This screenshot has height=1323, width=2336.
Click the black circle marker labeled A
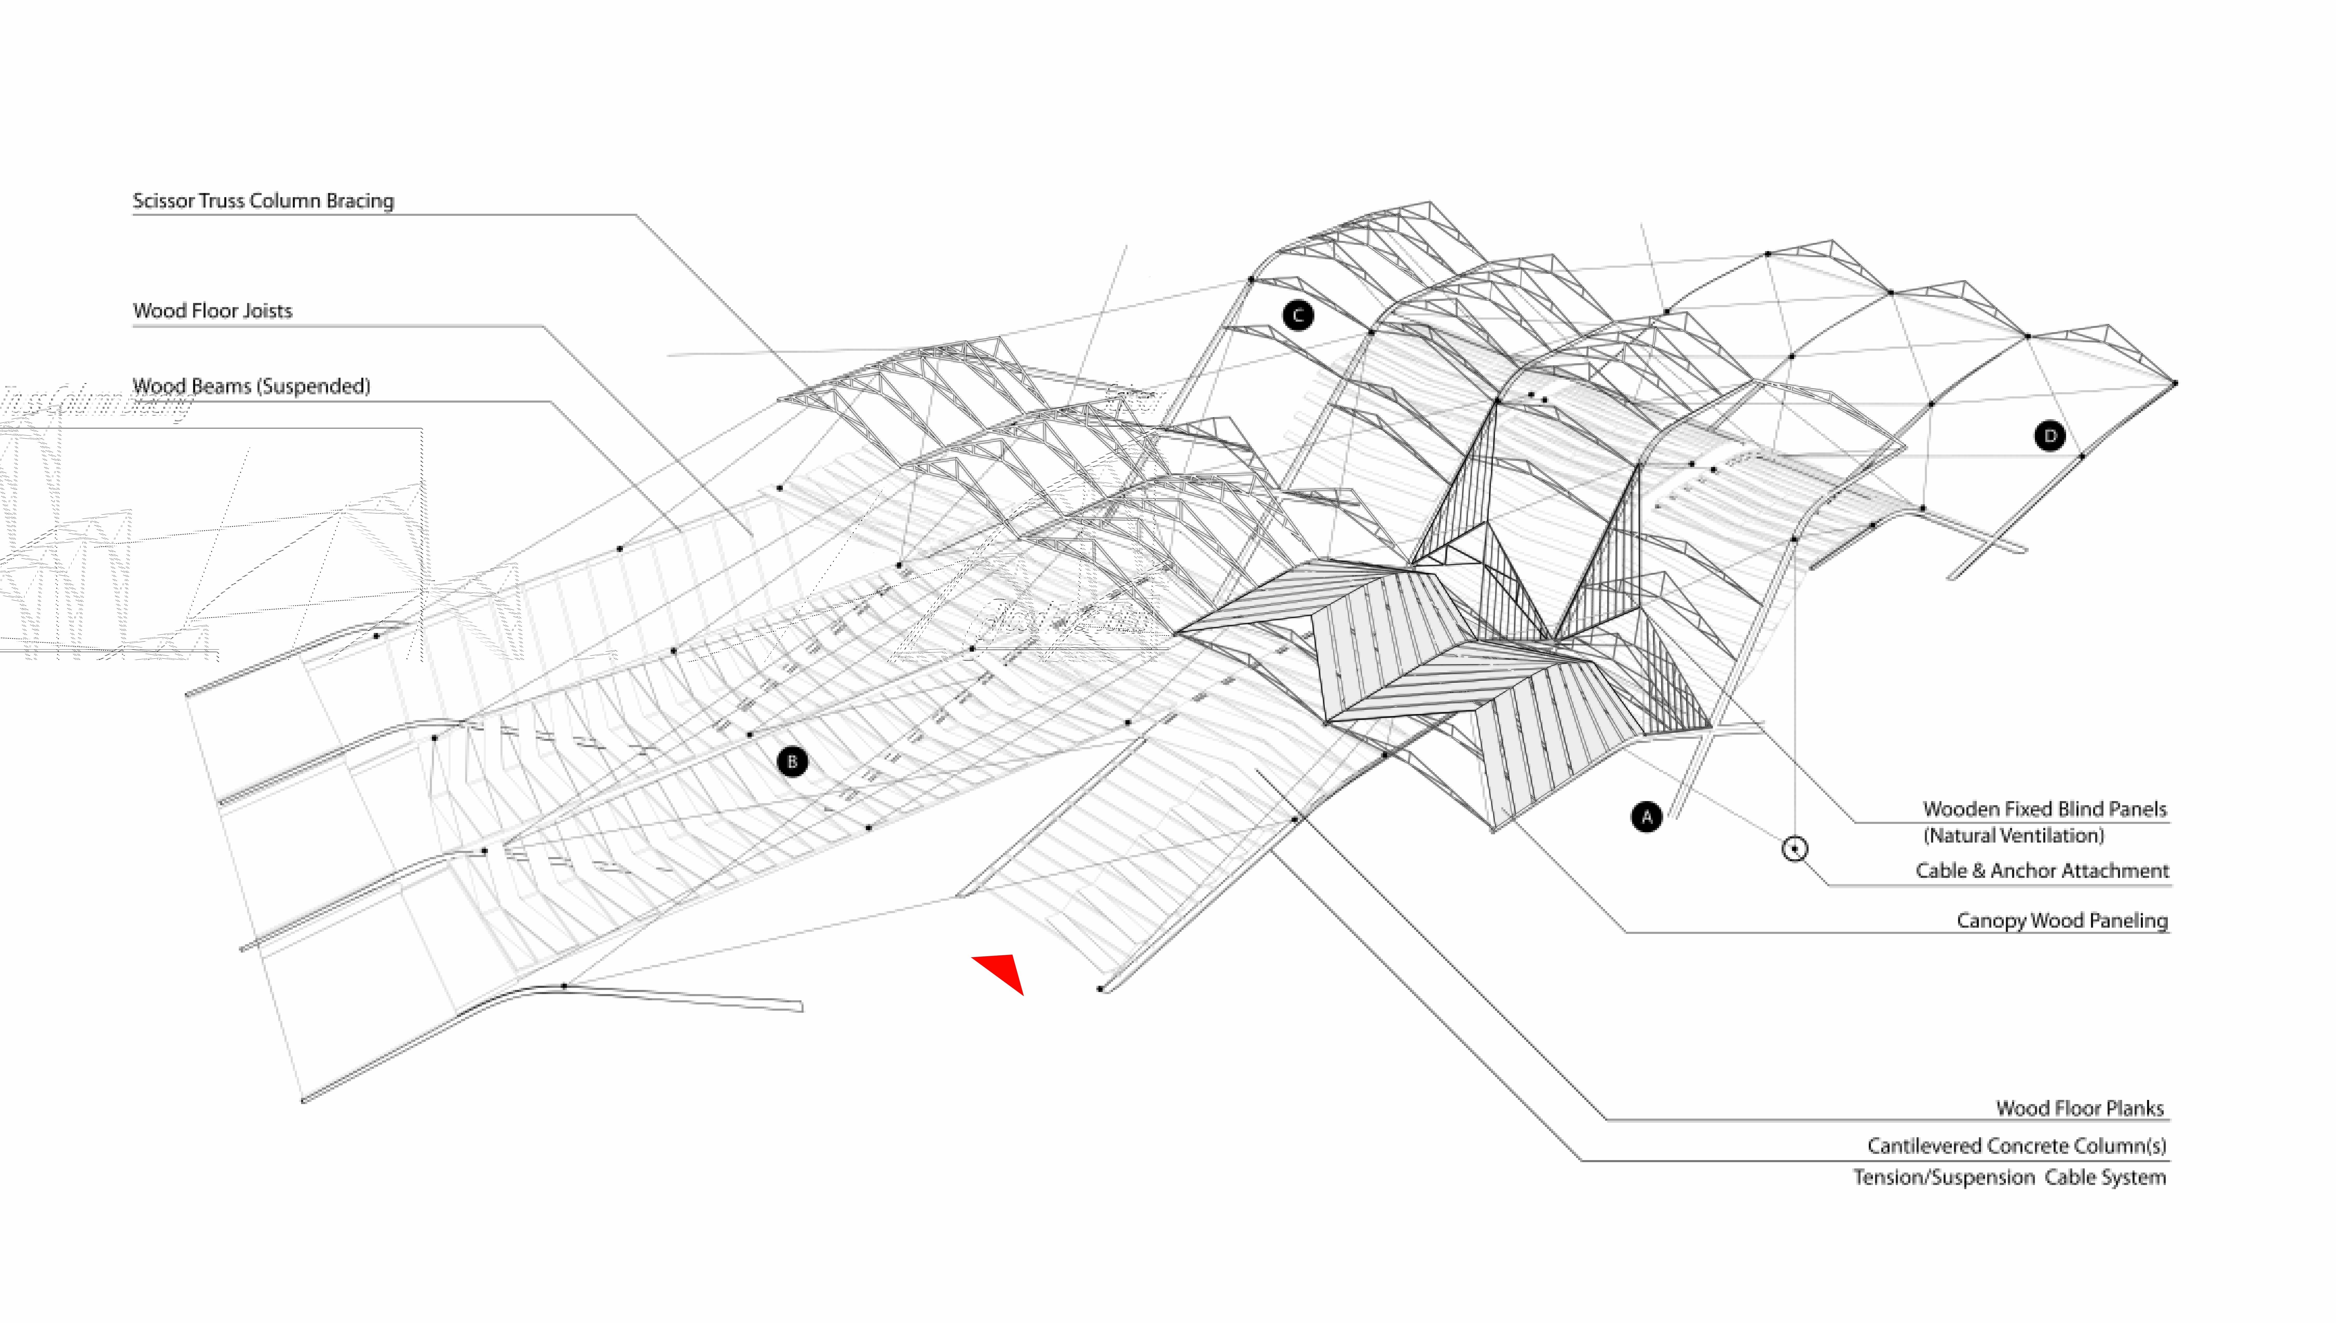tap(1646, 817)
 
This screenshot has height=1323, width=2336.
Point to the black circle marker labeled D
tap(2050, 436)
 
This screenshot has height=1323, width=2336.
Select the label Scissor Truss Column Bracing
tap(263, 201)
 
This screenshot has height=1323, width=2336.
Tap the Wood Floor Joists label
tap(212, 311)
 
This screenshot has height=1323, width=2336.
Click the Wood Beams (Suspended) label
tap(251, 386)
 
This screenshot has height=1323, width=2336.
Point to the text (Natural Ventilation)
tap(2013, 835)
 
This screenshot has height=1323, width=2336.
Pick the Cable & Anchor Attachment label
tap(2041, 871)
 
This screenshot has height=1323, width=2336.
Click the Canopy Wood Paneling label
tap(2061, 920)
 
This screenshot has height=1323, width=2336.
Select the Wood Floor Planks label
tap(2080, 1108)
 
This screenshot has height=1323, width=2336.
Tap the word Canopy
tap(1991, 920)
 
